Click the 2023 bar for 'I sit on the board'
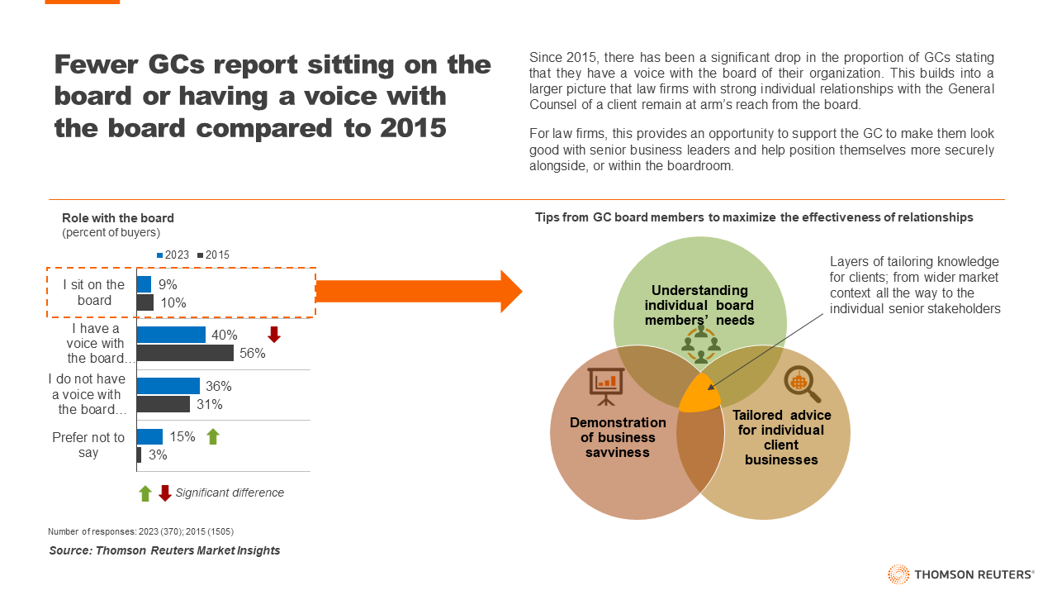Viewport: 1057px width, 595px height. click(144, 284)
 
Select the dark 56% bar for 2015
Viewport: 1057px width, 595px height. click(185, 353)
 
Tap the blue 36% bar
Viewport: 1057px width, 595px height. click(168, 386)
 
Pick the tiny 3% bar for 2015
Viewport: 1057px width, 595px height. click(139, 455)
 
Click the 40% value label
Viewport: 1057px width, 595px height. click(224, 335)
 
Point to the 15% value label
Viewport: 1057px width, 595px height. click(182, 436)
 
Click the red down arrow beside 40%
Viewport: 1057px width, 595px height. click(274, 335)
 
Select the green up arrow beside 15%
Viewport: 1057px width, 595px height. click(212, 436)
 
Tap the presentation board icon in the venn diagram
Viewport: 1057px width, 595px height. click(607, 385)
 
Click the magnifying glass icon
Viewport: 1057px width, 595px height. click(800, 383)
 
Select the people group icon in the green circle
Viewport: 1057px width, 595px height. click(701, 343)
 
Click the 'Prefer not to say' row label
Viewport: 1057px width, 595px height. click(88, 445)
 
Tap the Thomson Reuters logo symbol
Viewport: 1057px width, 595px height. click(898, 574)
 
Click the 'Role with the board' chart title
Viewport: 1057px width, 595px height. click(118, 218)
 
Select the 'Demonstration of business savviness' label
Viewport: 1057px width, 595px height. click(606, 437)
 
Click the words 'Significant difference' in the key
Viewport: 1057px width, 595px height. click(230, 493)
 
